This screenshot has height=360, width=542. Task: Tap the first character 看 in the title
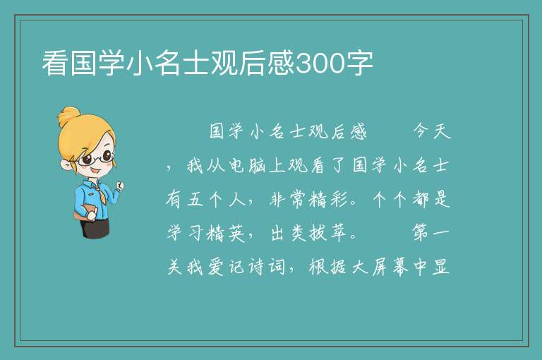[55, 64]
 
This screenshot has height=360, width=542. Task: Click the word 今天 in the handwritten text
[432, 131]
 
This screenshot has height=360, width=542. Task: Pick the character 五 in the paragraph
[195, 199]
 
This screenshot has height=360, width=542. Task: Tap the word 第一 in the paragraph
[430, 233]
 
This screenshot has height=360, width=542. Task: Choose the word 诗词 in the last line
[267, 267]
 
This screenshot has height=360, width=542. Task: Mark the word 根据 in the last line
[327, 267]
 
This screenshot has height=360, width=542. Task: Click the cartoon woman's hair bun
[69, 116]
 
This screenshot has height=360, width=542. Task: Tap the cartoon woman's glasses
[95, 158]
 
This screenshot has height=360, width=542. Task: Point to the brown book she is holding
[85, 212]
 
